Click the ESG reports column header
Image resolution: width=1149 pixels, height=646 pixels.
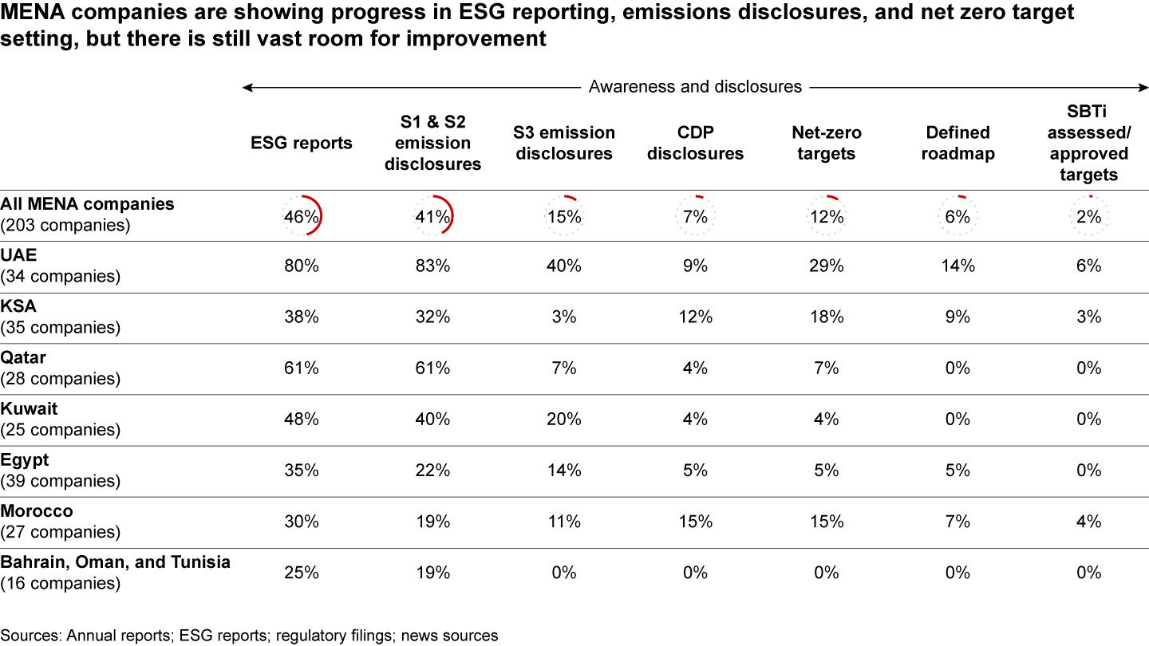301,144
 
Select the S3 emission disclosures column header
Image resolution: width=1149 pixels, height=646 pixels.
565,143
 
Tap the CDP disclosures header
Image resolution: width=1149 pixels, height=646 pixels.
695,143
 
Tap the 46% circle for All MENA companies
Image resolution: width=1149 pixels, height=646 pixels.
302,216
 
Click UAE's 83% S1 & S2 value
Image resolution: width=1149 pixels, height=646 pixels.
432,266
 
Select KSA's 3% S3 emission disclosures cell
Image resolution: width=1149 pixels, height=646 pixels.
564,317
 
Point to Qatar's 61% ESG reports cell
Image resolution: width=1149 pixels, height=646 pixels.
302,368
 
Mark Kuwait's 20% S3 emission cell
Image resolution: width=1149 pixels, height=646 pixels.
564,420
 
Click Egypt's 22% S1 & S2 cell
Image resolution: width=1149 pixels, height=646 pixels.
432,471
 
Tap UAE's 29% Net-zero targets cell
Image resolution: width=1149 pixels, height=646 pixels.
826,266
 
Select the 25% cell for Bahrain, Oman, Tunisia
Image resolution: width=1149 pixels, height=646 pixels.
302,573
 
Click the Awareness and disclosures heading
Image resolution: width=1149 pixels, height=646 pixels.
695,87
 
